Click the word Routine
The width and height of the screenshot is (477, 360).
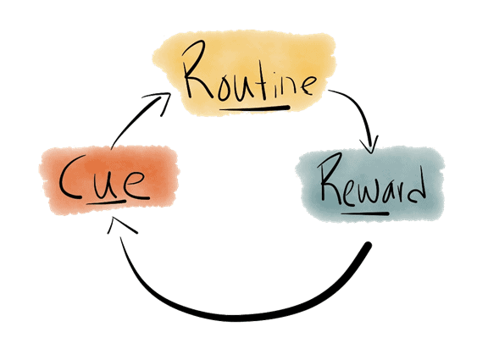point(249,71)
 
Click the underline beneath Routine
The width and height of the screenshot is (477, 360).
point(254,108)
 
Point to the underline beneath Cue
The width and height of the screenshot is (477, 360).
point(106,202)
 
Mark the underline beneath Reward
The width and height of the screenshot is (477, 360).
point(365,213)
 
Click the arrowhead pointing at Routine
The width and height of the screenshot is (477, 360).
point(158,102)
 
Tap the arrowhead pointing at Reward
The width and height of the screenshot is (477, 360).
point(369,146)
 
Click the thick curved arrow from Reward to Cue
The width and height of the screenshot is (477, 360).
point(241,318)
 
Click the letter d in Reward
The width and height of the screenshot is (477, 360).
point(416,186)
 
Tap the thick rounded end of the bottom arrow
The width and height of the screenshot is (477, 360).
point(368,245)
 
